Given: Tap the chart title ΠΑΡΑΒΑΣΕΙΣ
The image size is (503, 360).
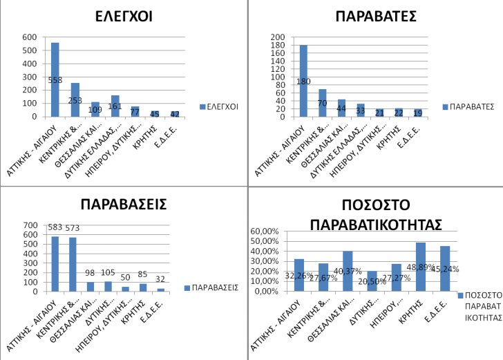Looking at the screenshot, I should (123, 205).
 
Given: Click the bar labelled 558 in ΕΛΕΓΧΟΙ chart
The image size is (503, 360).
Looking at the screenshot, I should (55, 79).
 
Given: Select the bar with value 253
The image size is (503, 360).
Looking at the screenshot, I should (75, 100).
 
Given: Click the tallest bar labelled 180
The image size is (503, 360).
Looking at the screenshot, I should (303, 81).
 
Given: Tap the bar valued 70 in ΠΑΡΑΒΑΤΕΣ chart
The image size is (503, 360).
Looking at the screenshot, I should (322, 103).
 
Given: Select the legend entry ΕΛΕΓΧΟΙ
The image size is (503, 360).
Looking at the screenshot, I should (222, 106).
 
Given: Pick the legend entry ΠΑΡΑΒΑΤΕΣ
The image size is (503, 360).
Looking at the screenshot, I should (469, 106).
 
